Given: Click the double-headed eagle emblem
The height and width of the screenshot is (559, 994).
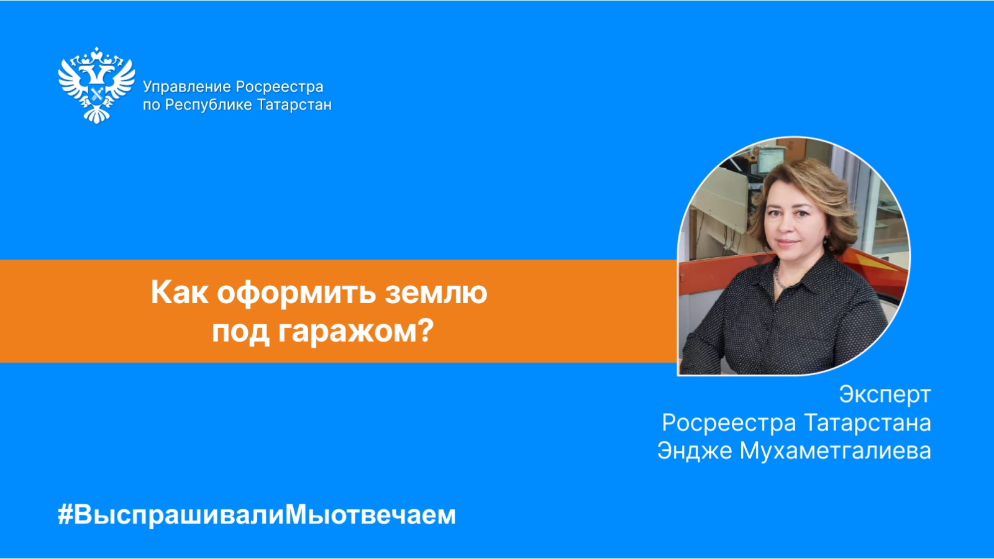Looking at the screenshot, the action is click(97, 85).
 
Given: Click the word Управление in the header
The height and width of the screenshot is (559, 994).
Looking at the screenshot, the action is click(187, 88).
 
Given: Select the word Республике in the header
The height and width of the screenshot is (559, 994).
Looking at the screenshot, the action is click(209, 106).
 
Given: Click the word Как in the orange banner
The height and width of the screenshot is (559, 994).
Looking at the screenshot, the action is click(180, 293).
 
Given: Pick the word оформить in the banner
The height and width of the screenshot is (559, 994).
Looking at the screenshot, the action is click(296, 294).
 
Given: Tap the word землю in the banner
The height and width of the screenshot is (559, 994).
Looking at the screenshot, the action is click(436, 294).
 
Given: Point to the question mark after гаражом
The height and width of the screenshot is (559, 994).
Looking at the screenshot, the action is click(426, 330).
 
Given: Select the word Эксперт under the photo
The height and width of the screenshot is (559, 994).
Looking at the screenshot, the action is click(885, 394).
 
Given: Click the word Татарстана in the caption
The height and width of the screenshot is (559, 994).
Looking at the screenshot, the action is click(868, 422).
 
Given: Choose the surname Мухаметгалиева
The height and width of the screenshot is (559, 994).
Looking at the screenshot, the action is click(836, 451).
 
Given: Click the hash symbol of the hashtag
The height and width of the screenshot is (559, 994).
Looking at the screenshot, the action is click(65, 516).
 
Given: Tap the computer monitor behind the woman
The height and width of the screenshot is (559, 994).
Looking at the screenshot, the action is click(771, 160).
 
